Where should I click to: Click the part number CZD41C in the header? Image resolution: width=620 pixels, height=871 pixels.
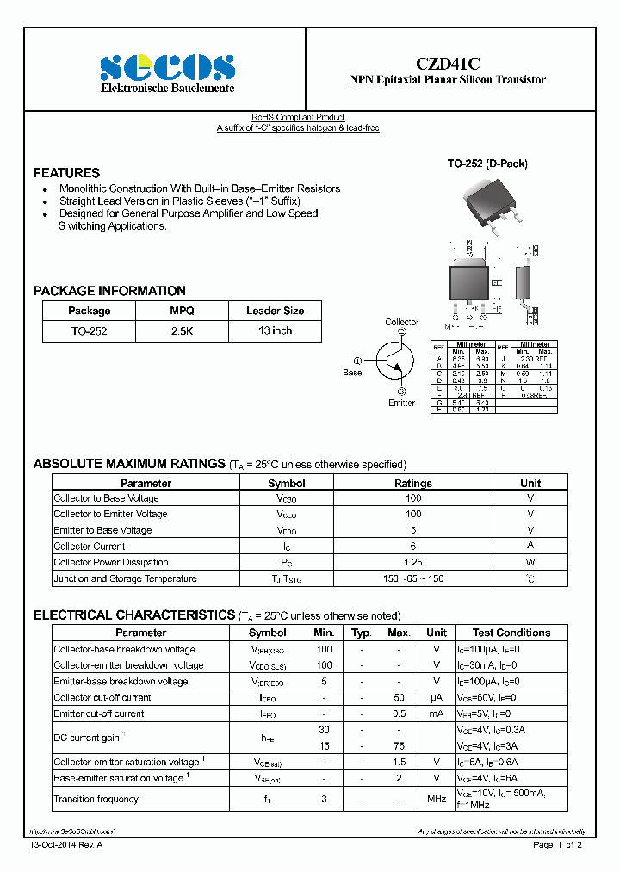pos(448,63)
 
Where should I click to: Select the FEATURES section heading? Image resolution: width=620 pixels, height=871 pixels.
pos(66,172)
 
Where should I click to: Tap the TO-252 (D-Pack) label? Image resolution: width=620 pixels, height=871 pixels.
pos(487,164)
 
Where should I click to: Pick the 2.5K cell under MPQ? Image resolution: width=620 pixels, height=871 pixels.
pos(182,330)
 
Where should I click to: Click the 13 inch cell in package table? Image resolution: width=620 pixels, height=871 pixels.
pos(275,330)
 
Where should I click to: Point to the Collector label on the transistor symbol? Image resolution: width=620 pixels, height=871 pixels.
pos(401,322)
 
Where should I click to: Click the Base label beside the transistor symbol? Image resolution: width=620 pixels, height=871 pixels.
pos(352,373)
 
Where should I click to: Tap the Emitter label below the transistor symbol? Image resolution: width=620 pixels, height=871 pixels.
pos(401,403)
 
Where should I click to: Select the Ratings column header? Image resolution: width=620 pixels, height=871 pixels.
pos(412,484)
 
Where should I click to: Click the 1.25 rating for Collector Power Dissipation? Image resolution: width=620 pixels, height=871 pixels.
pos(412,562)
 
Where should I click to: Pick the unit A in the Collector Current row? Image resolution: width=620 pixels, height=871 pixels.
pos(530,546)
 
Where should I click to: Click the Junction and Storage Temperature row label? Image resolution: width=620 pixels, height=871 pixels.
pos(125,578)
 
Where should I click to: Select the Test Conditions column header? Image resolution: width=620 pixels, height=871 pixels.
pos(512,633)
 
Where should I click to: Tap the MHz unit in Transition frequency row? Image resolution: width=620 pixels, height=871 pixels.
pos(437,800)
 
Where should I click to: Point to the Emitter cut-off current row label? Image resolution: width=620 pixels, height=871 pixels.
pos(99,713)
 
